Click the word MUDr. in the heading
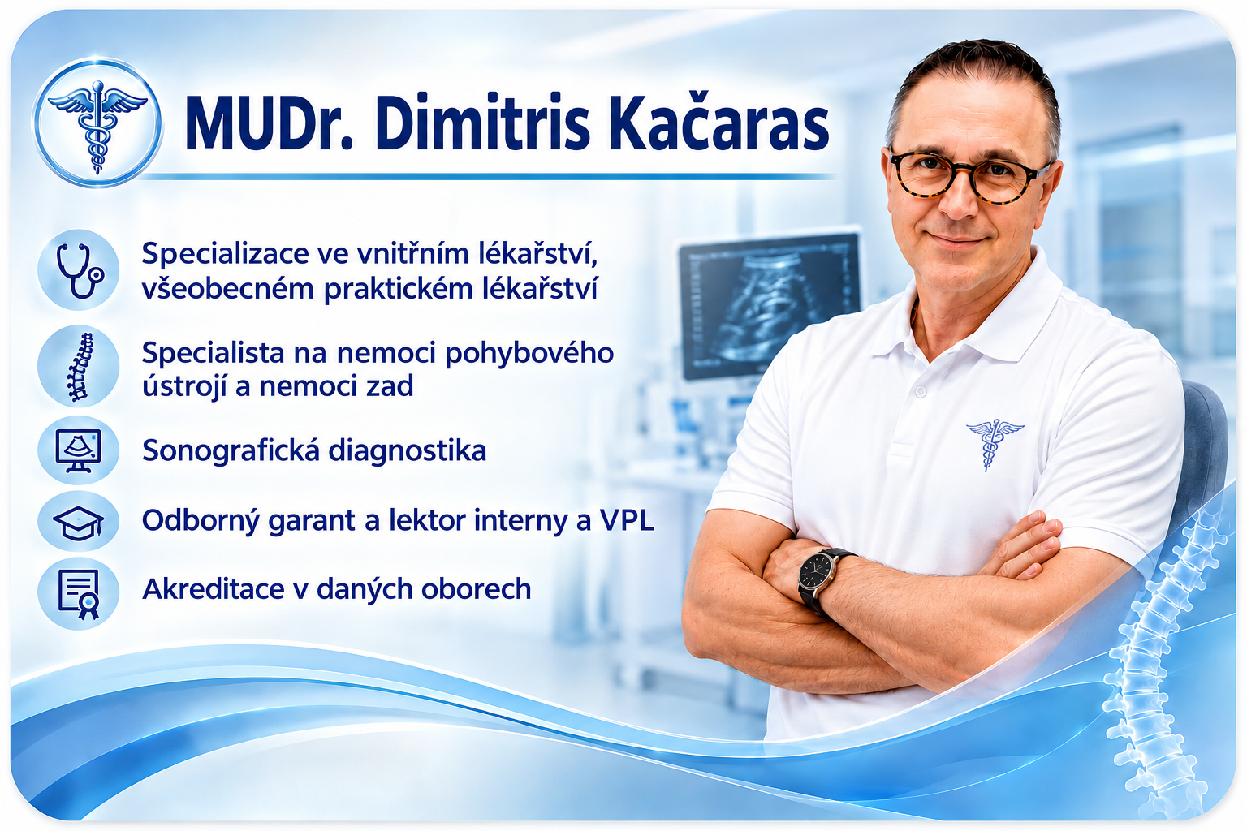[x=269, y=124]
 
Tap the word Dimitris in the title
[x=483, y=123]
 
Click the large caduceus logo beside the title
[x=98, y=123]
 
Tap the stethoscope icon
[x=79, y=270]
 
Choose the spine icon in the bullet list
[x=79, y=367]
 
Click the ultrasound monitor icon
[x=79, y=450]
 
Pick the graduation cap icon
[x=79, y=523]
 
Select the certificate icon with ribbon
[x=79, y=593]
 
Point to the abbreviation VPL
[x=626, y=520]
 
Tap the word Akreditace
[x=214, y=589]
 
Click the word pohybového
[x=529, y=354]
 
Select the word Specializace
[x=226, y=254]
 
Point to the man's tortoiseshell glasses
[x=968, y=174]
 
